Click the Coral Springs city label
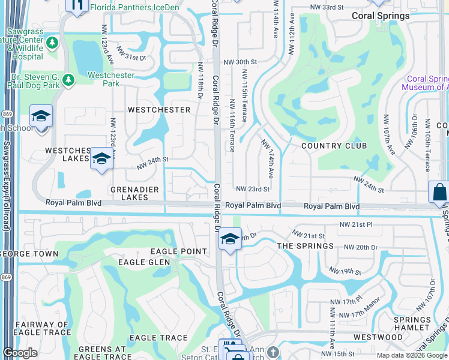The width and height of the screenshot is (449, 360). [x=381, y=16]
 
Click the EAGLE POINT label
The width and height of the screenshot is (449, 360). [x=178, y=251]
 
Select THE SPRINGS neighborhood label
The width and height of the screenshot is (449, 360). [x=305, y=246]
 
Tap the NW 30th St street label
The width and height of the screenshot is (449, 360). [x=240, y=62]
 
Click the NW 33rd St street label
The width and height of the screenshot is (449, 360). [x=327, y=7]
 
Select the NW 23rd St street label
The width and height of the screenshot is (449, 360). [x=253, y=189]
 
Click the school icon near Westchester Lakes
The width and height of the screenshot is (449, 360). [x=101, y=159]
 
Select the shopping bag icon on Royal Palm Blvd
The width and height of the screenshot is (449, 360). [x=439, y=193]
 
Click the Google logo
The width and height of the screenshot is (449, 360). [x=20, y=352]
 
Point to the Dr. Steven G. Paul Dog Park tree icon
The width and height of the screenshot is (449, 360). [x=68, y=79]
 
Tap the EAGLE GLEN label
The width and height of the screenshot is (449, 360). [x=144, y=262]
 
